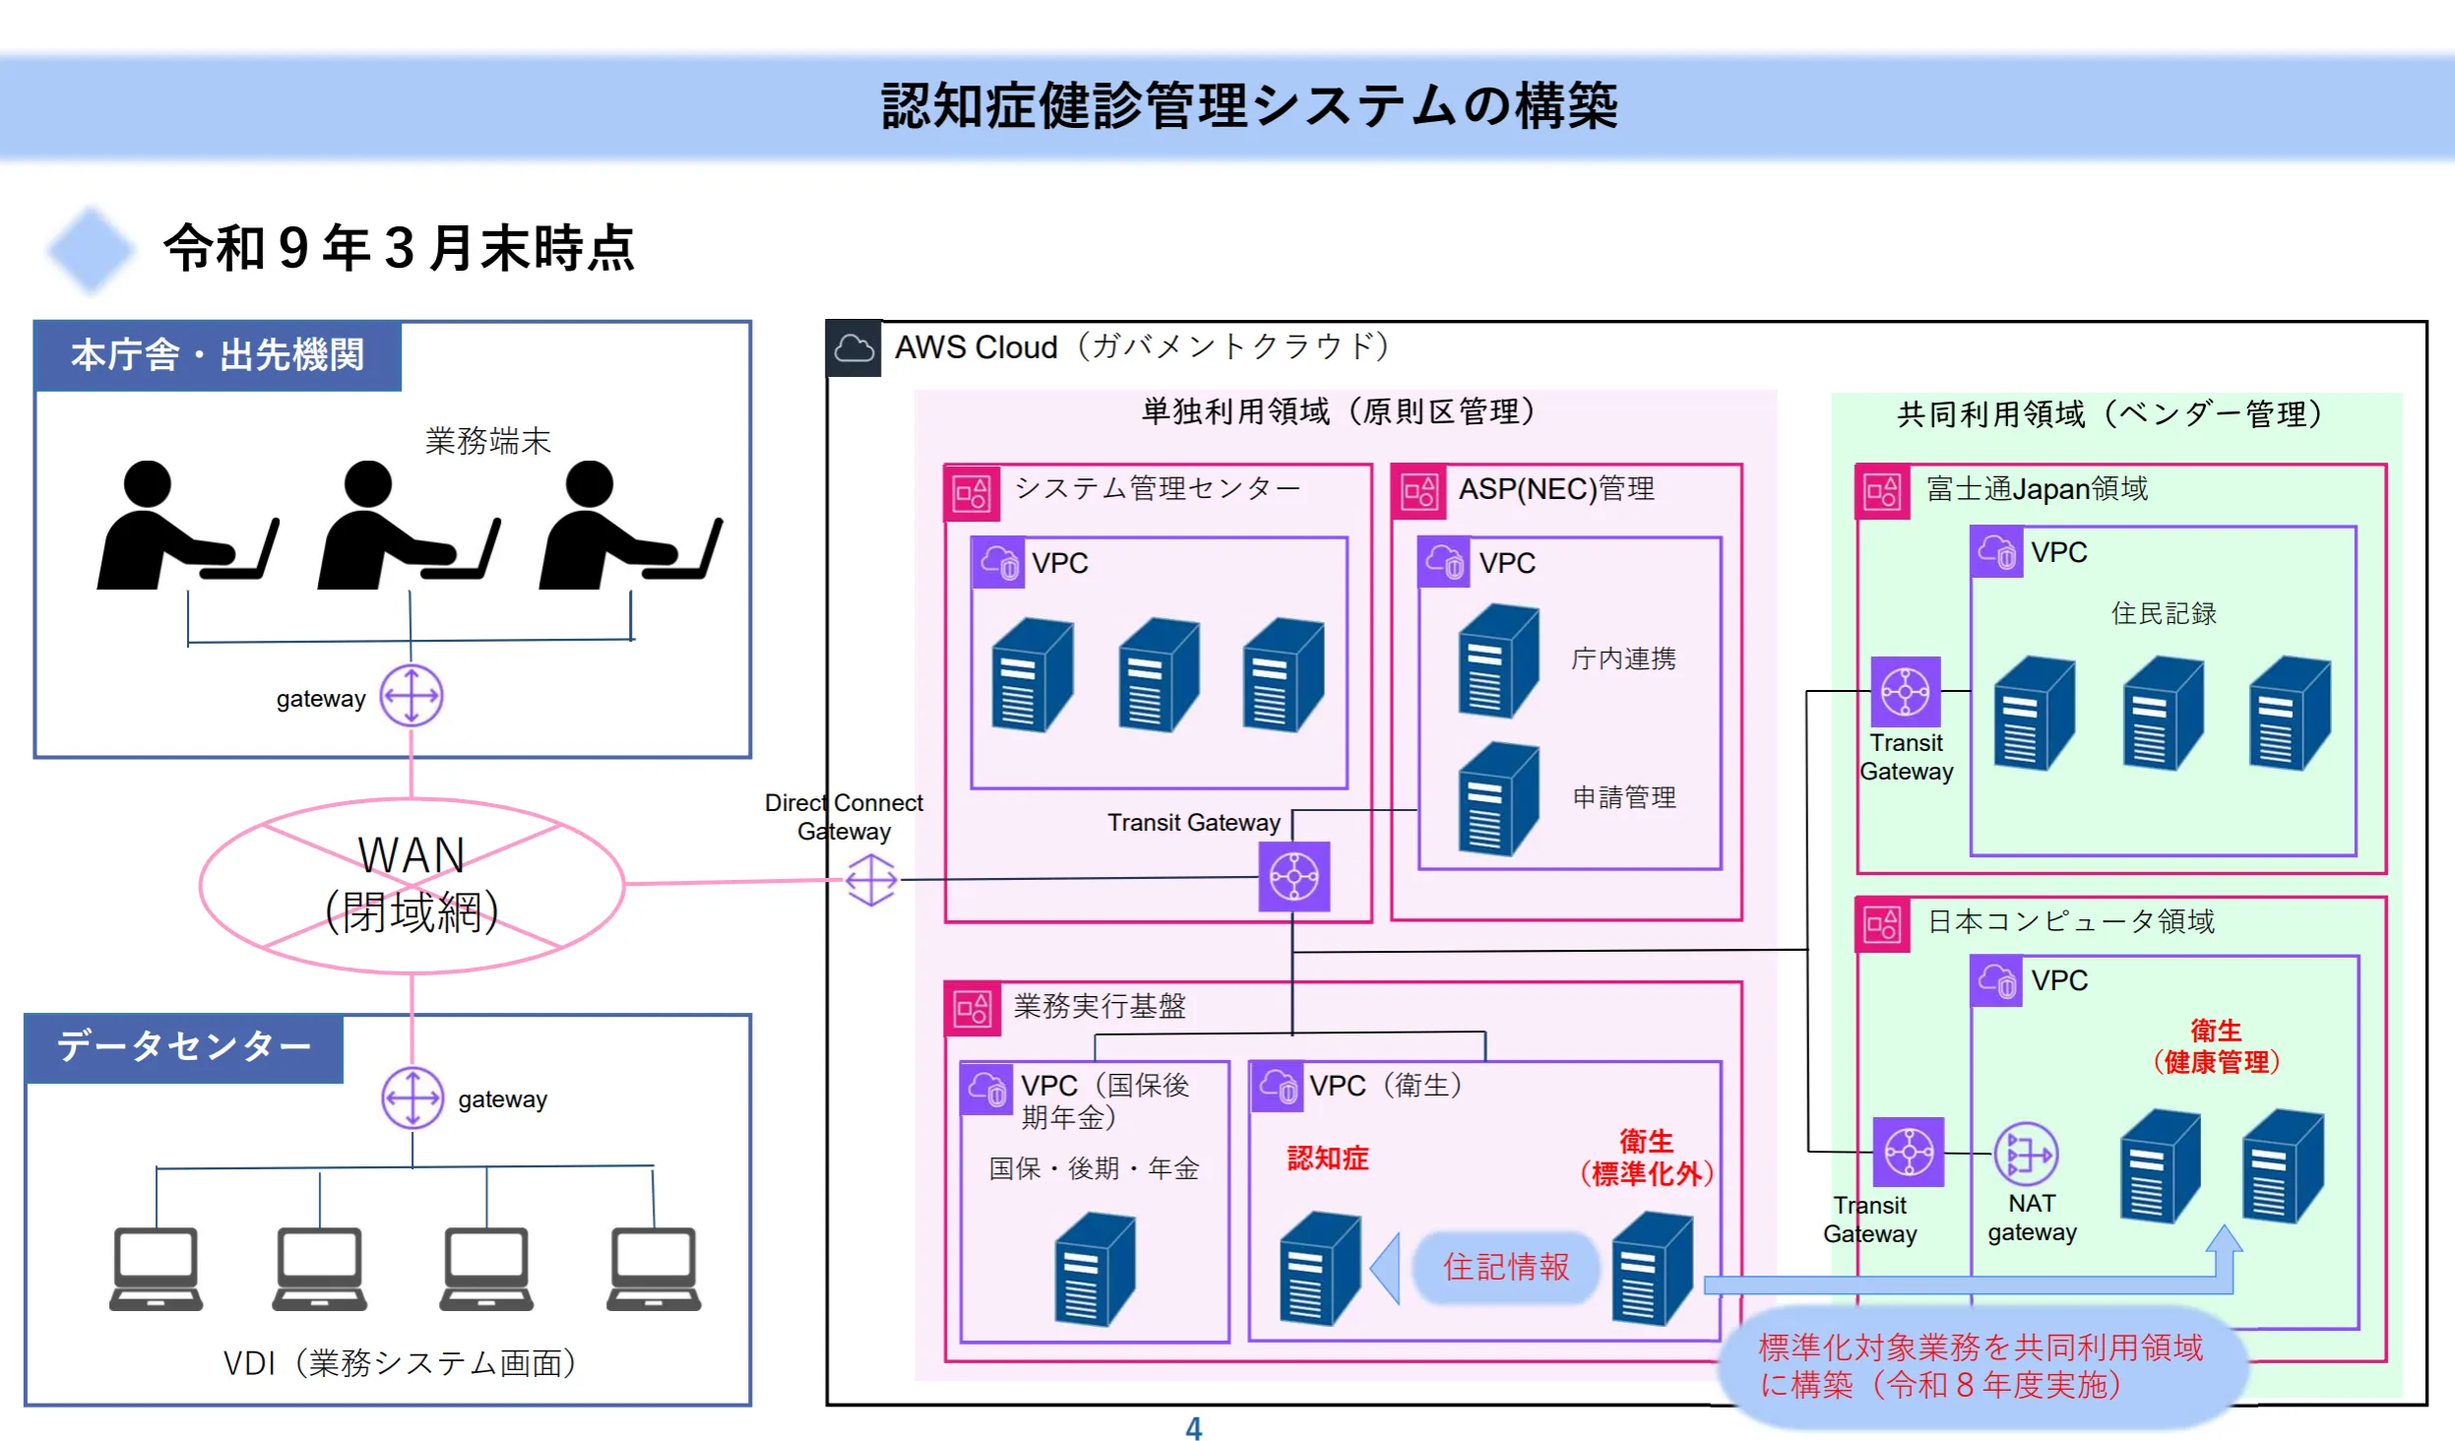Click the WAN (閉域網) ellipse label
(411, 884)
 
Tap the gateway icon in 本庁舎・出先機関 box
(411, 696)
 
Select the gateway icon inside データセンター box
(412, 1097)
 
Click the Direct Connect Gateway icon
(871, 879)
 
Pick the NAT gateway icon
(2025, 1153)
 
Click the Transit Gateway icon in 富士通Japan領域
(1906, 692)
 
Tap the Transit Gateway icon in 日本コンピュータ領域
(1908, 1152)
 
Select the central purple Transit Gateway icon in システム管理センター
(1294, 877)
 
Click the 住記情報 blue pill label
(1506, 1267)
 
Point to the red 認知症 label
(1327, 1159)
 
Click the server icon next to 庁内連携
(1497, 660)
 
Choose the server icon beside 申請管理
(1497, 799)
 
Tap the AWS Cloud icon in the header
(853, 348)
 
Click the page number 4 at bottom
(1193, 1428)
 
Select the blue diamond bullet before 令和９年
(91, 249)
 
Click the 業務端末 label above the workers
(487, 441)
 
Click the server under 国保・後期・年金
(1094, 1269)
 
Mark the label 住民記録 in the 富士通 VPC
(2163, 613)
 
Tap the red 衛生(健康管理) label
(2215, 1046)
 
